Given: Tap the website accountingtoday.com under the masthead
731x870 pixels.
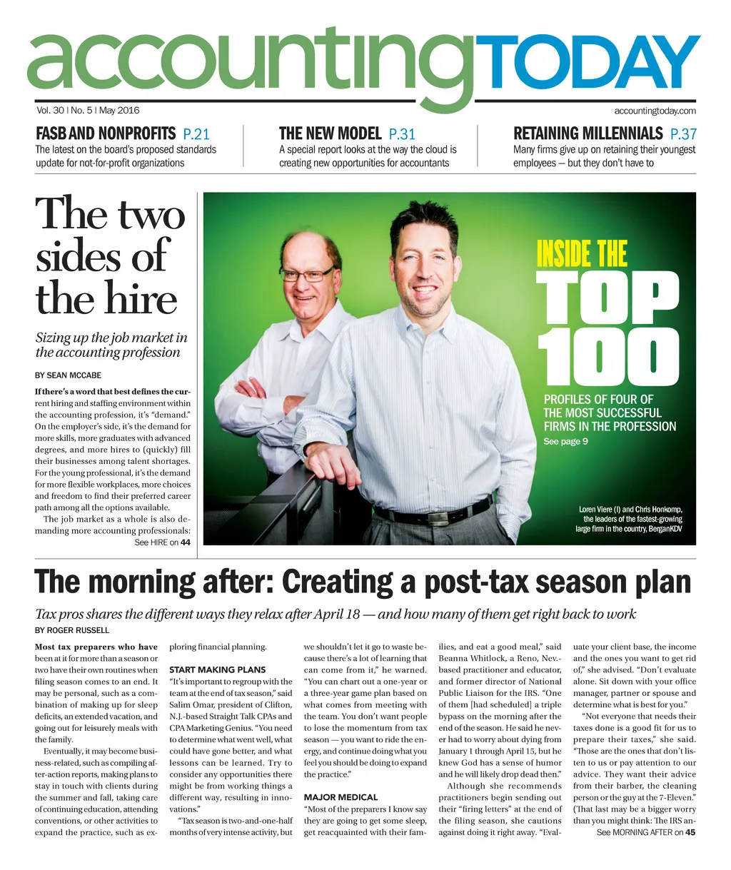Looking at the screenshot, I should (655, 111).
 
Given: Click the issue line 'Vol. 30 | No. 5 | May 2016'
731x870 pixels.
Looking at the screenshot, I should (88, 111).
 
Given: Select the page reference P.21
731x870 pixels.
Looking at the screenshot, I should (196, 134).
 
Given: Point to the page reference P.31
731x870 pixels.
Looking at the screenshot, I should (402, 134).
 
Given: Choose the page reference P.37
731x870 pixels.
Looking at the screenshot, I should (683, 134).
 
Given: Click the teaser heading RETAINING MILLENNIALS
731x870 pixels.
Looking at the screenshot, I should (588, 134).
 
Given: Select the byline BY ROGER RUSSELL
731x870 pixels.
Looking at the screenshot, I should (72, 630).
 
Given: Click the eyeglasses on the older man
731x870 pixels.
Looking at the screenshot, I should (307, 274).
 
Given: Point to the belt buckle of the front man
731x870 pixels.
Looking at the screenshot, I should (390, 515).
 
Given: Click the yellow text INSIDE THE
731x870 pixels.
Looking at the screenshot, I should (581, 254).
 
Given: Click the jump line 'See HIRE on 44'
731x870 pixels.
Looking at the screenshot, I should (163, 543).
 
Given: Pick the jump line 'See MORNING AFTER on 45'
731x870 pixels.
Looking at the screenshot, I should (645, 833).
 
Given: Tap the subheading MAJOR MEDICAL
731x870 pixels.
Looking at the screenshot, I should (341, 797).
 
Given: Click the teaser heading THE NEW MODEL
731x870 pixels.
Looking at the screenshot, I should (330, 134).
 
